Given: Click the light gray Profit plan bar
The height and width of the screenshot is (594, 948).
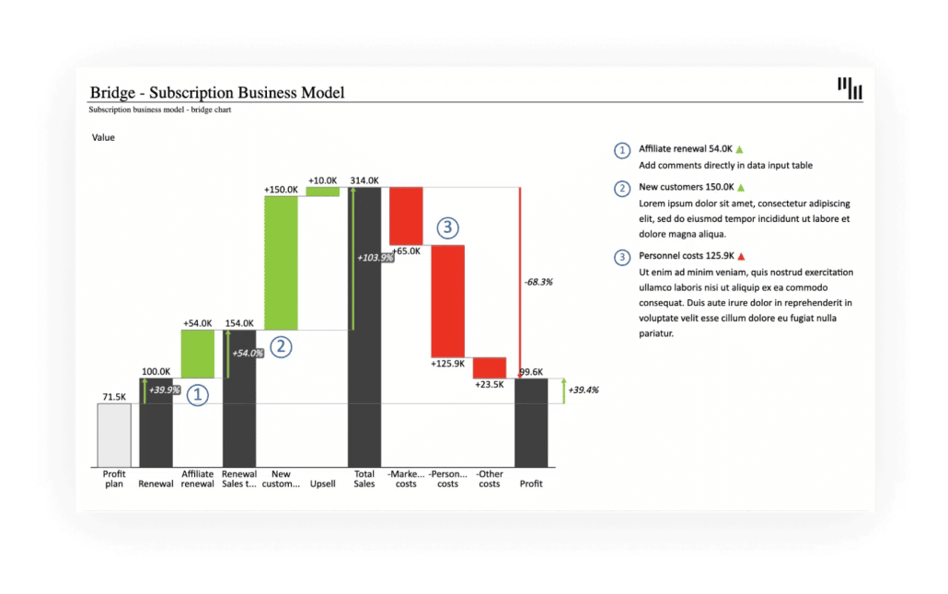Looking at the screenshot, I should (114, 435).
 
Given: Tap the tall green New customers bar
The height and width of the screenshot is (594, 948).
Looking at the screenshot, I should (281, 262).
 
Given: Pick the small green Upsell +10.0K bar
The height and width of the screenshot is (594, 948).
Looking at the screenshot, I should (322, 192).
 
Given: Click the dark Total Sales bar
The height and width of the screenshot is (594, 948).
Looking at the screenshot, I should (364, 327).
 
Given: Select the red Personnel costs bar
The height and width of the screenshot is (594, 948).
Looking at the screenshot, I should (448, 300).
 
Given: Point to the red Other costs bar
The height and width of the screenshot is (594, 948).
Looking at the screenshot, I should (490, 367).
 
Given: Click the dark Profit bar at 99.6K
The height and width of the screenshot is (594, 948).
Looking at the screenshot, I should (531, 423).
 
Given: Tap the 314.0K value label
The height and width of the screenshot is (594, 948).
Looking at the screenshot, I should (364, 181).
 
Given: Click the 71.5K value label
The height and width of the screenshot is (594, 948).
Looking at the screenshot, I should (114, 397).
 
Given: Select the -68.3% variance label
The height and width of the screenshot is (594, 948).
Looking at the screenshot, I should (538, 282).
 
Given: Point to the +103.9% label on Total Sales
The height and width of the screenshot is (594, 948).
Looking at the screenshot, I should (376, 258).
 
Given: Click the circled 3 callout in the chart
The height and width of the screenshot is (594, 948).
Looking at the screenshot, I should (447, 227).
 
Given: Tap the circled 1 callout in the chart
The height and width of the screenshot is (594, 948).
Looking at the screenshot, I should (198, 395).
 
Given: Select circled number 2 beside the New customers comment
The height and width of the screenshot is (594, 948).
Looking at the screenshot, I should (622, 188).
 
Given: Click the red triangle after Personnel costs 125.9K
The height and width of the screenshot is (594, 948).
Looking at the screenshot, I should (740, 256).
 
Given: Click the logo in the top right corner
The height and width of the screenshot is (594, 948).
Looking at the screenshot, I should (850, 88).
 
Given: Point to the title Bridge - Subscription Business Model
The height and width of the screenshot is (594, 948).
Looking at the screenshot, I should (216, 92).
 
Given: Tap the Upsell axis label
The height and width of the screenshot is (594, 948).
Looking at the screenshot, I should (323, 483).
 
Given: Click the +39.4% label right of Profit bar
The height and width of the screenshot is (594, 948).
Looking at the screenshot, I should (584, 390).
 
